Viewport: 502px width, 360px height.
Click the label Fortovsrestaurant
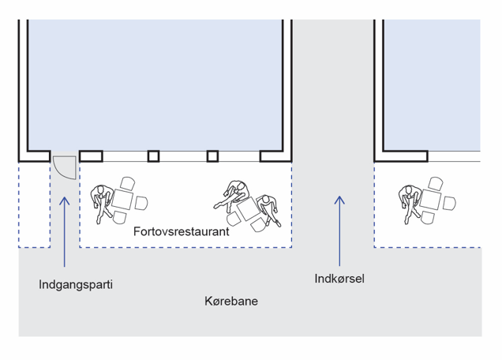click(x=182, y=233)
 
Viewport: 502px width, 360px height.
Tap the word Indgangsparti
click(x=76, y=283)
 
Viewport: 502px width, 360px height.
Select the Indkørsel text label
click(x=339, y=278)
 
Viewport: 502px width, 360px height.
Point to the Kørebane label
click(x=231, y=302)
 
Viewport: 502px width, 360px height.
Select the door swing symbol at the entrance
click(x=63, y=167)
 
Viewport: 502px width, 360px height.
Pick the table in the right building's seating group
click(x=431, y=200)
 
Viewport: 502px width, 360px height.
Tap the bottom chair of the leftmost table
click(x=120, y=217)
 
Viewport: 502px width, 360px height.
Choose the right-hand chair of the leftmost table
click(x=140, y=203)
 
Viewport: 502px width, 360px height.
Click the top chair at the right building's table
click(x=435, y=184)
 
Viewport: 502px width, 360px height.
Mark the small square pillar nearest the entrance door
click(x=154, y=156)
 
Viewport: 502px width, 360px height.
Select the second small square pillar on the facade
click(x=212, y=156)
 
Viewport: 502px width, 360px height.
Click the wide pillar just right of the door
click(x=91, y=156)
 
